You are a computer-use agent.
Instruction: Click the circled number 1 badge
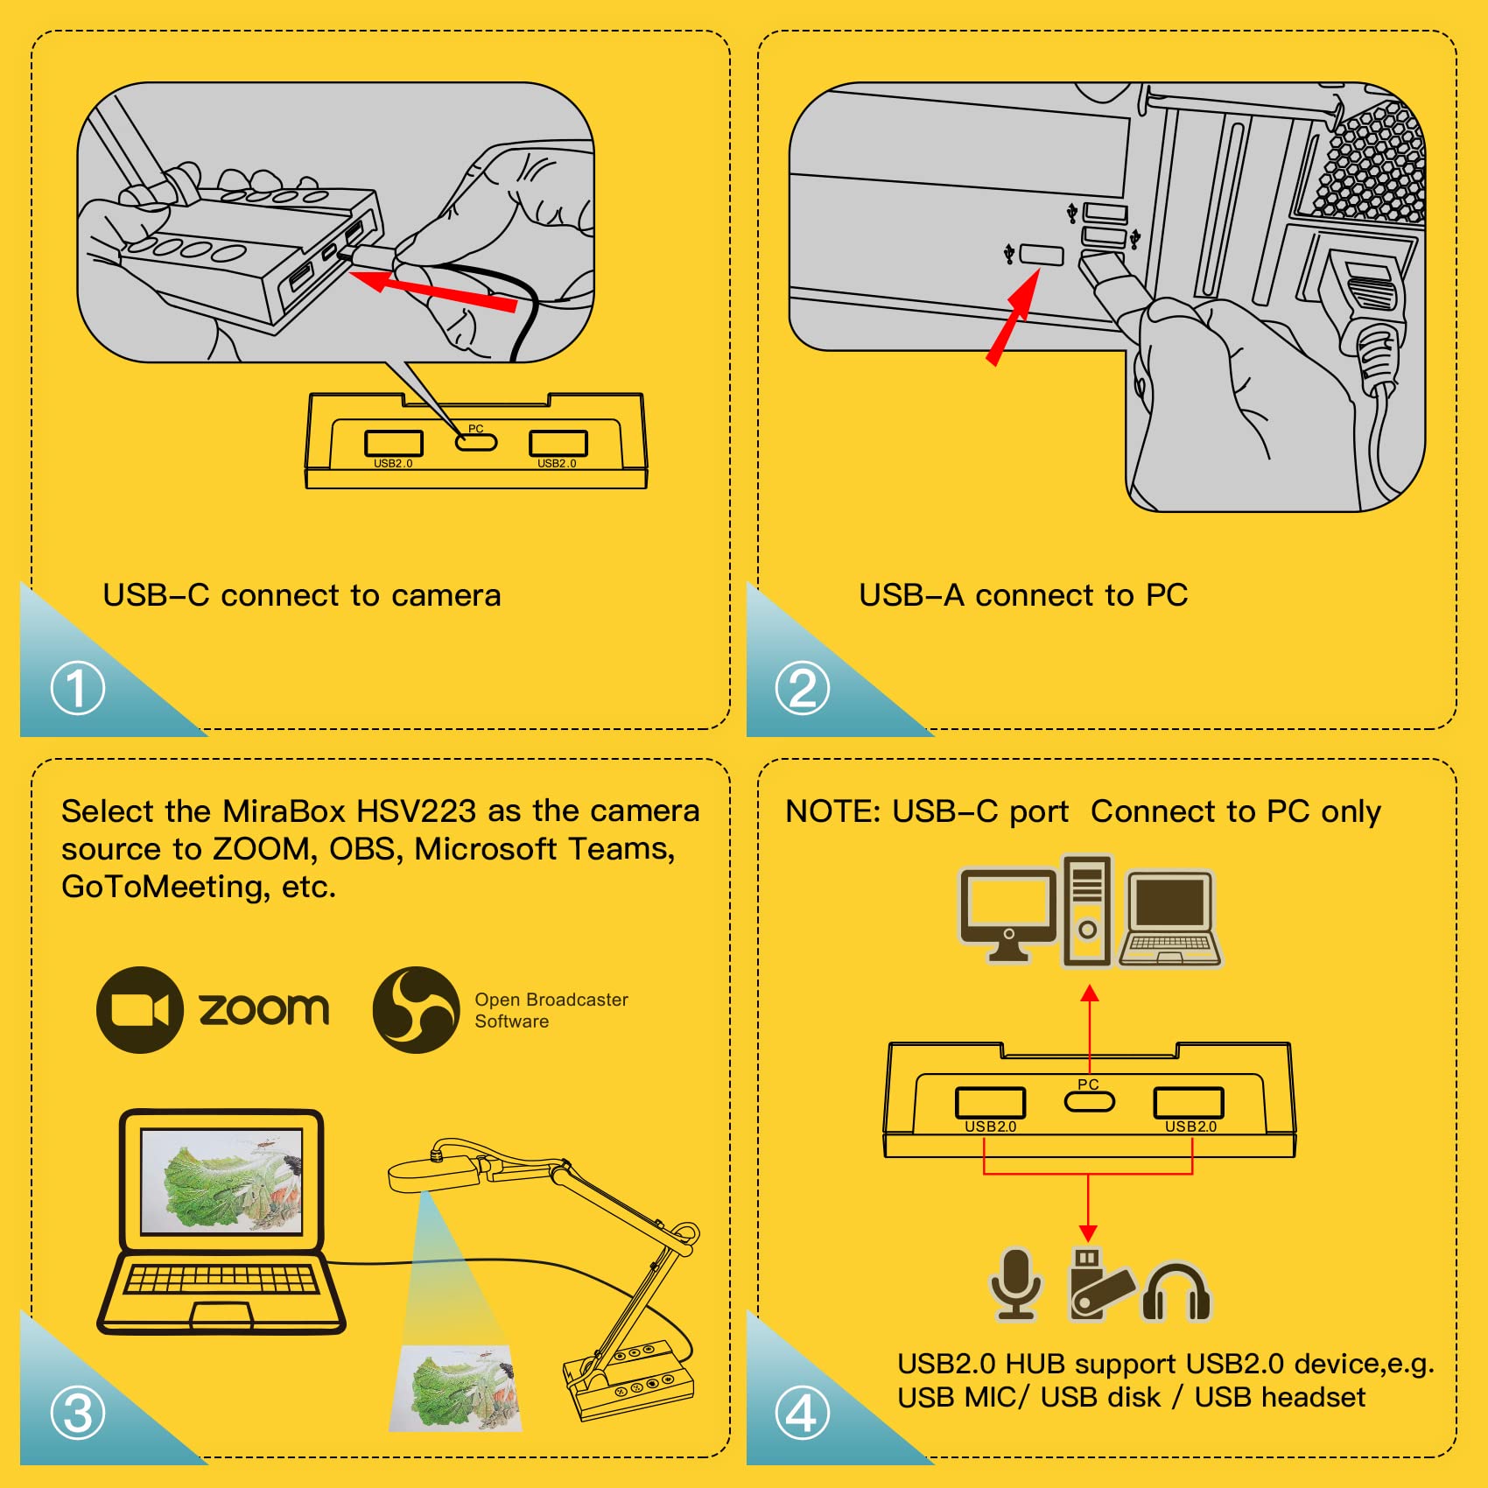(x=78, y=688)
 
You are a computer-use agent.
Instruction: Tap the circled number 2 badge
(x=802, y=688)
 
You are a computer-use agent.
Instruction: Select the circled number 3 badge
(x=78, y=1413)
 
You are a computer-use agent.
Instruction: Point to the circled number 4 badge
(x=802, y=1413)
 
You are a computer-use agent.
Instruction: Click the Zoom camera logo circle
(x=139, y=1009)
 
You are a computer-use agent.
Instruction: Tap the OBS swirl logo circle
(x=416, y=1009)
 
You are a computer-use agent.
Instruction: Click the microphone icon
(x=1015, y=1283)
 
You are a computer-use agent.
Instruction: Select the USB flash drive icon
(x=1098, y=1283)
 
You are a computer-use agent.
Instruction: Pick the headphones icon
(x=1176, y=1291)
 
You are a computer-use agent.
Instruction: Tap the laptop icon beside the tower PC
(x=1170, y=918)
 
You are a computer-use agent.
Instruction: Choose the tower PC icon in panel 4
(x=1087, y=911)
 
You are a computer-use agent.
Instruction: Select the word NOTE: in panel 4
(x=832, y=812)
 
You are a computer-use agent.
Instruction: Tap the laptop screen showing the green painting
(x=221, y=1181)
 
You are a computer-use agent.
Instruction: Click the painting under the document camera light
(x=456, y=1388)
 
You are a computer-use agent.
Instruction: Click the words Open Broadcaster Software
(x=551, y=1010)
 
